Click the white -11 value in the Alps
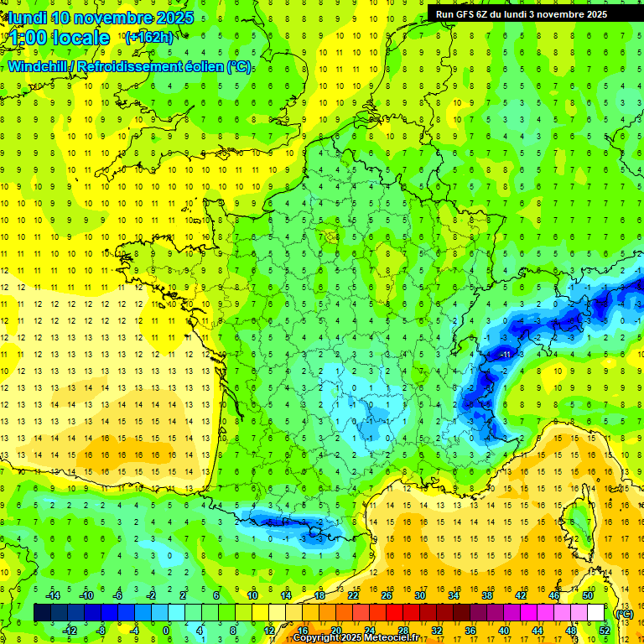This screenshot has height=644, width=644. [x=505, y=355]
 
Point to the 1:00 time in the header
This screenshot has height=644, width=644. [x=27, y=38]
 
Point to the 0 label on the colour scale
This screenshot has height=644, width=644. [x=166, y=631]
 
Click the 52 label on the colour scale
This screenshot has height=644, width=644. [x=605, y=631]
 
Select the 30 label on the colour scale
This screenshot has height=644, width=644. [x=419, y=595]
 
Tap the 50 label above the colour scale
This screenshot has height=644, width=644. [x=587, y=595]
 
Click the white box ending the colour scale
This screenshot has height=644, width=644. [x=595, y=613]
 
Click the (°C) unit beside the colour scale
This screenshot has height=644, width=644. [x=624, y=613]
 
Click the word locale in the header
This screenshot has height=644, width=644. [x=80, y=38]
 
